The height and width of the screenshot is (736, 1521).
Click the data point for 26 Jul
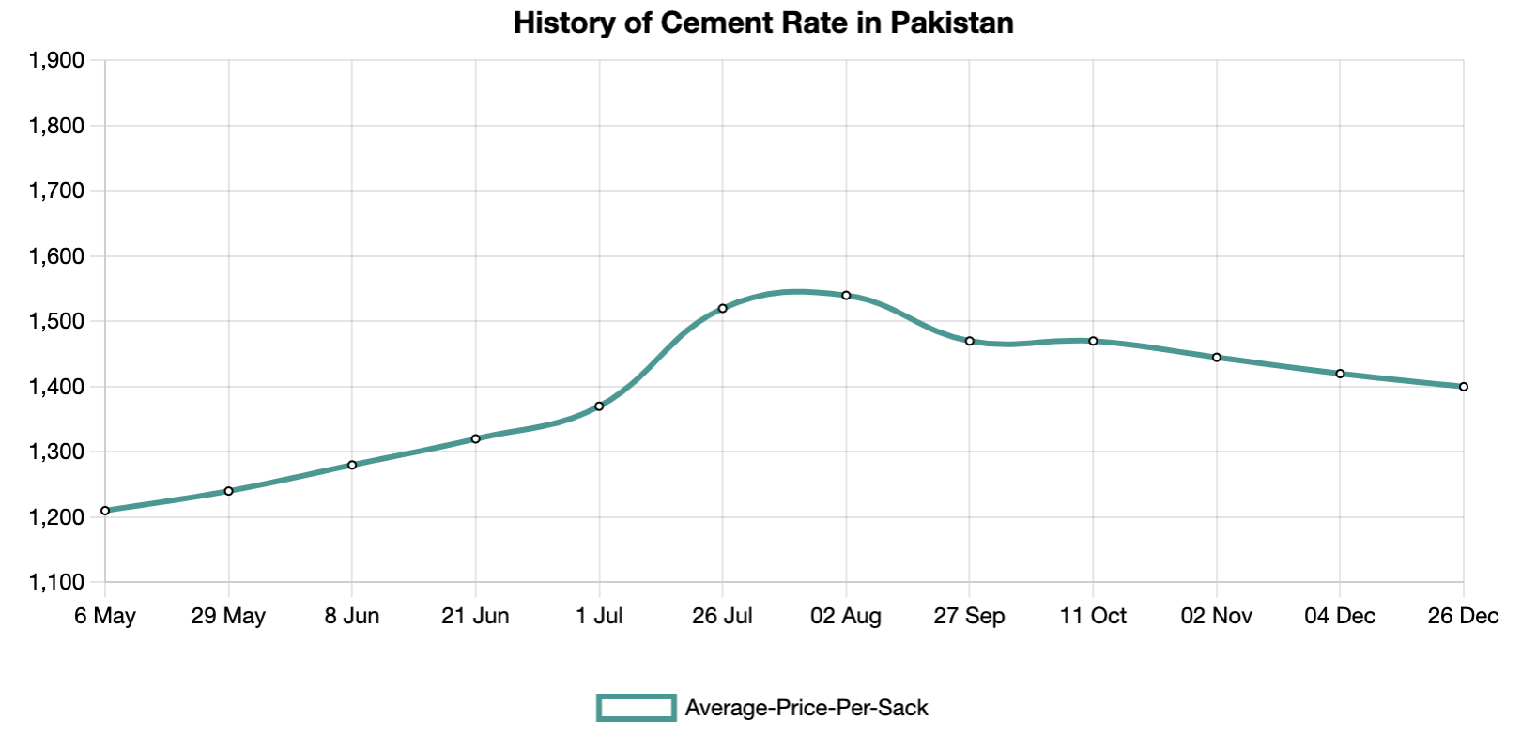pos(722,308)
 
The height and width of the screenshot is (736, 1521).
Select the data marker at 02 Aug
pos(846,295)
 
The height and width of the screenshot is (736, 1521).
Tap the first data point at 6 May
pos(105,511)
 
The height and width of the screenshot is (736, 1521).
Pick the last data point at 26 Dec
pos(1463,387)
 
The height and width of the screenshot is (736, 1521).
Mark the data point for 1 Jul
pos(599,406)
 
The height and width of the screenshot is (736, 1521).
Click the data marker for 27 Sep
pos(970,341)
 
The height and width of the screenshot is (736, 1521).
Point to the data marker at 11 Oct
pos(1093,341)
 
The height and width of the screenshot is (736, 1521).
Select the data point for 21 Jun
pos(476,438)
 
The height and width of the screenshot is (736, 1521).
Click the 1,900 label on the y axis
pos(56,61)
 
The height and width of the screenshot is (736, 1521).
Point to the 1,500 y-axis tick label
pos(56,322)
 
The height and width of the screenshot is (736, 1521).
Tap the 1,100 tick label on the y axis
pos(56,583)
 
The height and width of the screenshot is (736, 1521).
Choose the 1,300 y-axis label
pos(56,452)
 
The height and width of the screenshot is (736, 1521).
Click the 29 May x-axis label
pos(228,617)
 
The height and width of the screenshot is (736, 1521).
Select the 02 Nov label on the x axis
pos(1216,617)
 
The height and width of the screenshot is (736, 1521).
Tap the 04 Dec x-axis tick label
pos(1340,617)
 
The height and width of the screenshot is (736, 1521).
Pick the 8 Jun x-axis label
pos(352,617)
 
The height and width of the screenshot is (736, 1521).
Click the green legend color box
pos(637,708)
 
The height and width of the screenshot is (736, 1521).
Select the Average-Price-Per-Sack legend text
pos(807,708)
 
